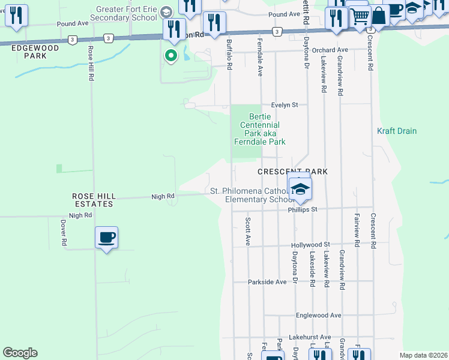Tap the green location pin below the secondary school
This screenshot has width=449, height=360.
pos(171,56)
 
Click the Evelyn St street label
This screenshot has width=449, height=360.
pos(284,104)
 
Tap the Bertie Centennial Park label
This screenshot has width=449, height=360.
pos(259,129)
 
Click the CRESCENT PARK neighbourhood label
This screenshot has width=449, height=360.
pos(292,172)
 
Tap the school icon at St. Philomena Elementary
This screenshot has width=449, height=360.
pos(300,188)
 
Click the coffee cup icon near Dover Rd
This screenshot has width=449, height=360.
pos(106,238)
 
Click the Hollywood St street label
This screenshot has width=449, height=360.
pos(310,245)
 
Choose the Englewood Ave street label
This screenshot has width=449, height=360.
pos(318,315)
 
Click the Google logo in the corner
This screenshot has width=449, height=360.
pos(20,353)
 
